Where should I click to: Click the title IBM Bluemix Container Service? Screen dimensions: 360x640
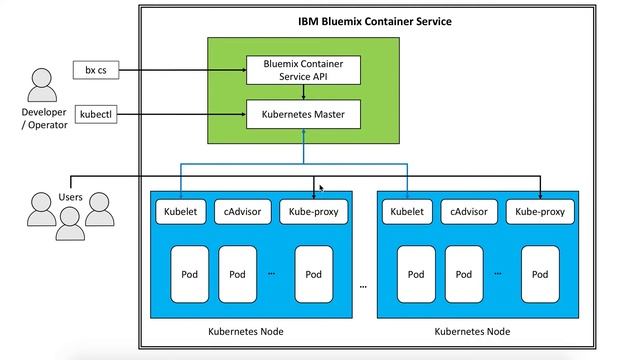375,20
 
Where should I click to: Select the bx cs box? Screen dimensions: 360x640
95,70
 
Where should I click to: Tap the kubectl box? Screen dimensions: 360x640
96,115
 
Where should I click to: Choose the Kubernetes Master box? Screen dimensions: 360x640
302,115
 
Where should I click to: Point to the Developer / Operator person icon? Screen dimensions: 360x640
43,85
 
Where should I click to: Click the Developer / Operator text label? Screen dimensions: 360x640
43,118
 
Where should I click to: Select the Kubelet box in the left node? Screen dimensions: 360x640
180,211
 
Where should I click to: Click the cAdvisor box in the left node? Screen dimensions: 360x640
244,211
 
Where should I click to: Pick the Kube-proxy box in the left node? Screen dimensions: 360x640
312,211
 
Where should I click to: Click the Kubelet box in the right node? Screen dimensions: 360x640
407,211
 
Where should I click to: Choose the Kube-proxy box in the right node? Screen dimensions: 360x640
539,211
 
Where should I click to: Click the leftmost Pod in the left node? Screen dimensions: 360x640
189,273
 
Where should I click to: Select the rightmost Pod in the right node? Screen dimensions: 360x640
541,273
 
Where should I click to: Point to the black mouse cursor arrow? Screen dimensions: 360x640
321,187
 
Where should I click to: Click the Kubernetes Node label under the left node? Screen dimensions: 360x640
245,331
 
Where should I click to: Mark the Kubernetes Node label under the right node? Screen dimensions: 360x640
472,331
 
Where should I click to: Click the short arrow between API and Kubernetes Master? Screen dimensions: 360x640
302,93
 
